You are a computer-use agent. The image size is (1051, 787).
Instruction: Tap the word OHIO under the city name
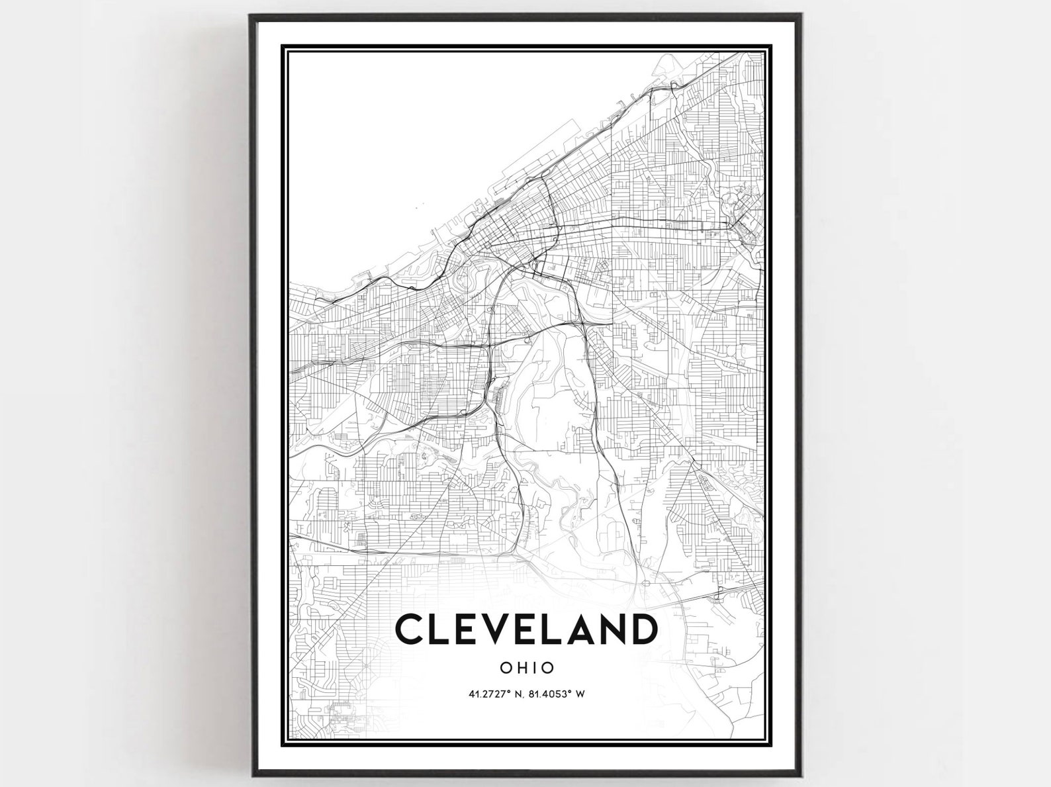tap(527, 667)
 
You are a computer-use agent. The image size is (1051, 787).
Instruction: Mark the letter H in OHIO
tap(523, 667)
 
